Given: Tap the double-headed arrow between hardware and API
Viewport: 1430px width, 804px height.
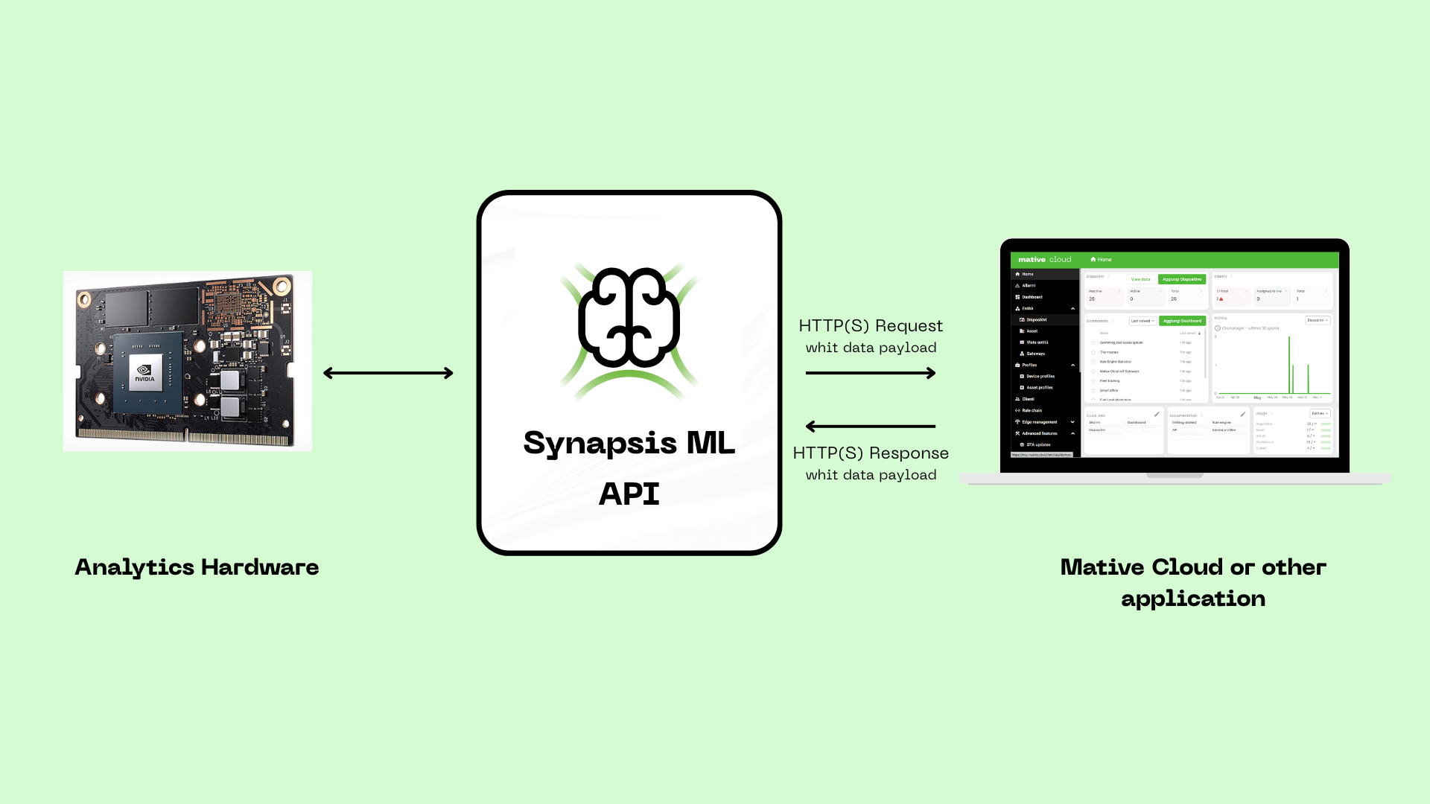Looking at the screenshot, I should tap(388, 373).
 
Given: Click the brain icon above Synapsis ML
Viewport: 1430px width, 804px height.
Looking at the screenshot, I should tap(629, 319).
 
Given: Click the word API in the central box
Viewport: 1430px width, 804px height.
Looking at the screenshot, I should tap(629, 494).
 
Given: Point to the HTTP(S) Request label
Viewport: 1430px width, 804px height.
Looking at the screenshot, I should tap(871, 326).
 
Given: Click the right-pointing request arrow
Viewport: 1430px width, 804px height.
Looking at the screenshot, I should tap(871, 373).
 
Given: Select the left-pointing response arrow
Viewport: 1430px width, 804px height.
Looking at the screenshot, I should tap(871, 427).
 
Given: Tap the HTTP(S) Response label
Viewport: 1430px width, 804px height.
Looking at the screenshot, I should tap(871, 453).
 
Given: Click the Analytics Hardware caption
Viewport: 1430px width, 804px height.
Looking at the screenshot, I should tap(197, 567).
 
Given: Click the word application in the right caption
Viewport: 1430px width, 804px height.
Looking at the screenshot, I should tap(1193, 599).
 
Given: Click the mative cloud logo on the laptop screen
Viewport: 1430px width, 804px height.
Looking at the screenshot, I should tap(1044, 260).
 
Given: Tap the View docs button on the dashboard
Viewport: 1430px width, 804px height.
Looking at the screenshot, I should tap(1140, 279).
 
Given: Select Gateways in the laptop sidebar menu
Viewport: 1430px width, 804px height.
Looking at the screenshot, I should tap(1035, 354).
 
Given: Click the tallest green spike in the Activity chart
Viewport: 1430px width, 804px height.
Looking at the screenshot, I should tap(1289, 365).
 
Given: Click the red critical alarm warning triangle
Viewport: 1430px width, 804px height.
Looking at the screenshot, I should tap(1221, 299).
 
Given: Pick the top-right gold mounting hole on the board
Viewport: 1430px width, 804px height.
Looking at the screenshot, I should tap(282, 286).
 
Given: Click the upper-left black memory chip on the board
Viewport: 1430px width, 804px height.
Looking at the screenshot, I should tap(126, 307).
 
